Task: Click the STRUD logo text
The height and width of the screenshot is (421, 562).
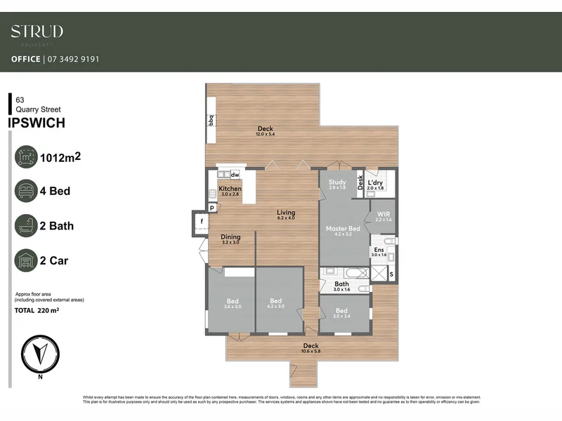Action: coord(37,32)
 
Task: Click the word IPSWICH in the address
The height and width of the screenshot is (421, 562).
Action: coord(37,123)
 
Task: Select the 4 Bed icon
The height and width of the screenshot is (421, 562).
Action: coord(26,190)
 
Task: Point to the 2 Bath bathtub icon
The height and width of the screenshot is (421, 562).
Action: coord(26,226)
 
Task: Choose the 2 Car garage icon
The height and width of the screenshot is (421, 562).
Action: coord(26,261)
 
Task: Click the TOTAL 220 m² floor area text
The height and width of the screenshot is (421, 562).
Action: coord(37,309)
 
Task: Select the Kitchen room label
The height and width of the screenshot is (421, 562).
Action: coord(230,189)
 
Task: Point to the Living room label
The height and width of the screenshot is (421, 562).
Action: coord(286,213)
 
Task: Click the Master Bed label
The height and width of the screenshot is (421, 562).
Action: coord(344,229)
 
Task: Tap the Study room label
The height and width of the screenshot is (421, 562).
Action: coord(337,182)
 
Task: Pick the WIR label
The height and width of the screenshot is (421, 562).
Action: coord(383,213)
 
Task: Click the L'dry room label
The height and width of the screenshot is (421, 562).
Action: coord(376,182)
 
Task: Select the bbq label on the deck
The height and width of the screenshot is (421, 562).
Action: coord(211,121)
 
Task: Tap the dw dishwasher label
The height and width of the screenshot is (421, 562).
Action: coord(235,174)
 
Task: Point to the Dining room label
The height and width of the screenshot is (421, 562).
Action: coord(230,237)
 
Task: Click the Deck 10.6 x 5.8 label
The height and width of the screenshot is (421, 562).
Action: coord(311,346)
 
